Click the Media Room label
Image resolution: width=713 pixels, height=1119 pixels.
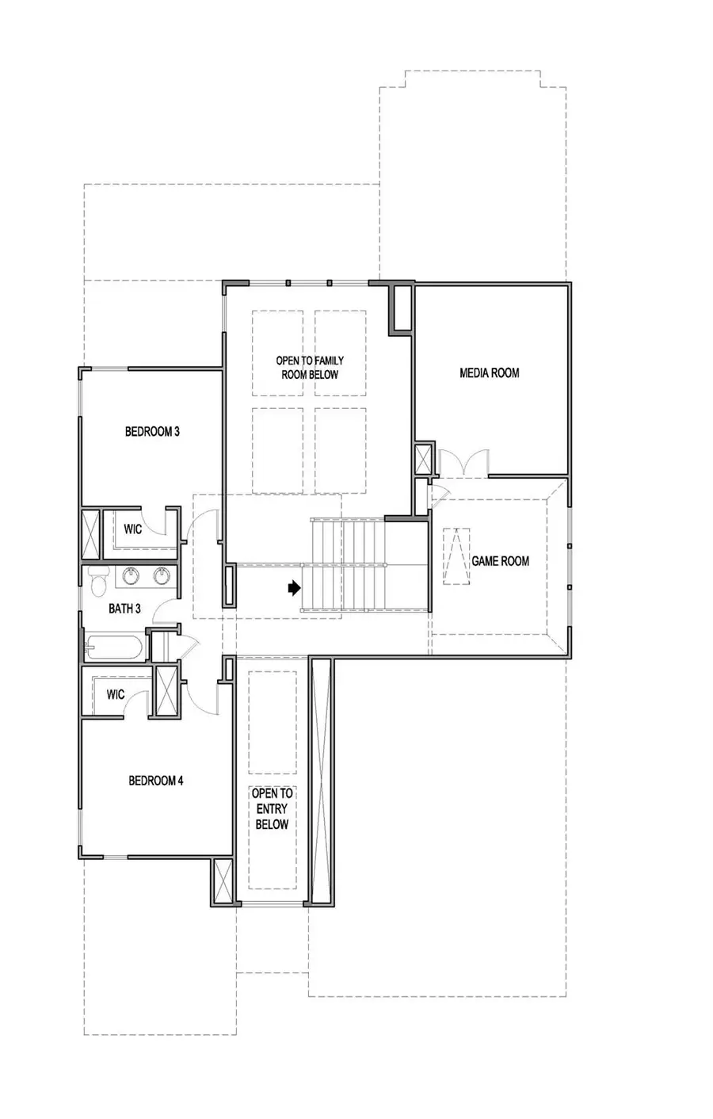490,372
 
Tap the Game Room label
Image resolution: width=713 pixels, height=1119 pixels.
501,561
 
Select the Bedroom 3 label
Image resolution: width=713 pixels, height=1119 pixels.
152,432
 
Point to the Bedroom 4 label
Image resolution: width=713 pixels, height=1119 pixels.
156,781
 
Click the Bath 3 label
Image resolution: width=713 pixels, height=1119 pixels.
125,609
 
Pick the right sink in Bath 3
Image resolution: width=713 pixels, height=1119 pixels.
162,576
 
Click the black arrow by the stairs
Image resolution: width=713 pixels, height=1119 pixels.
294,589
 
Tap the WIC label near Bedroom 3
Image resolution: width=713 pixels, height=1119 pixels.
133,529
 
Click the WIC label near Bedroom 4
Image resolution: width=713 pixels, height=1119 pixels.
116,694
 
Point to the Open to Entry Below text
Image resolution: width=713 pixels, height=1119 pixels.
272,809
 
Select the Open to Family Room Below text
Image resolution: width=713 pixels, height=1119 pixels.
310,368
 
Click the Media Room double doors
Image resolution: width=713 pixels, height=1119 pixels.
463,462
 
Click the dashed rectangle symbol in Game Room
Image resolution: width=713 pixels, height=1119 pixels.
456,556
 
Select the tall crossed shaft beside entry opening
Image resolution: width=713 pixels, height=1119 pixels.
321,781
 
